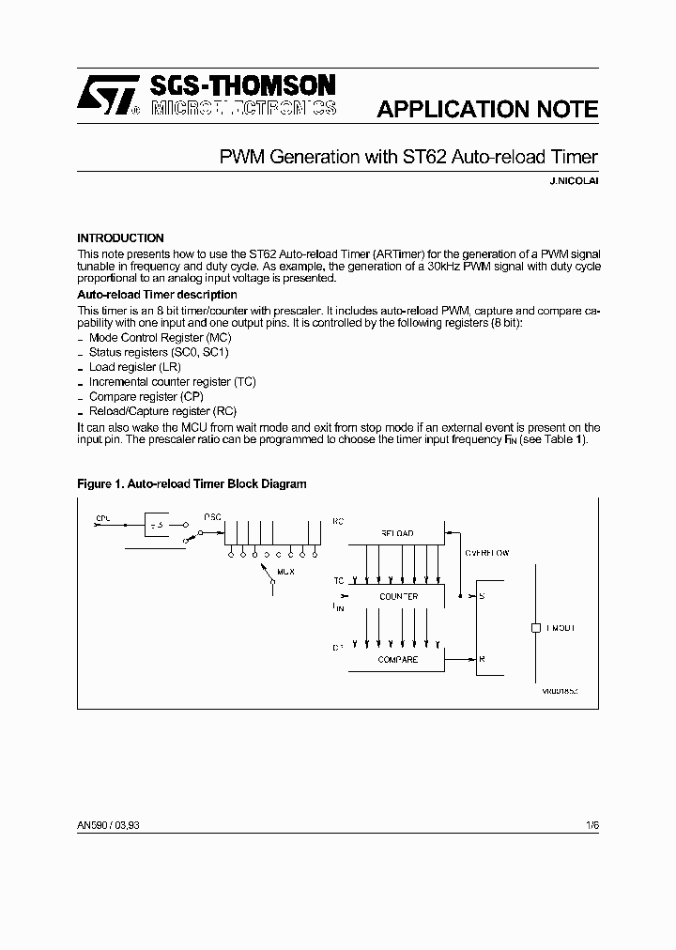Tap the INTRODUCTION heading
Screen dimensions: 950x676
(120, 238)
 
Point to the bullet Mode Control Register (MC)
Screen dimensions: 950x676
(160, 337)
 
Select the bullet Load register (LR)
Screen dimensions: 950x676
(134, 367)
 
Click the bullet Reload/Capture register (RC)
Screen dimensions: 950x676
(161, 411)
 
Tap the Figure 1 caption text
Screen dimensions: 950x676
(192, 484)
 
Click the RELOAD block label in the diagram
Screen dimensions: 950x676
(396, 533)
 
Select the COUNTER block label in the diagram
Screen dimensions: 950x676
(398, 597)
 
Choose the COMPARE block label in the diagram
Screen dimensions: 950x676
(398, 660)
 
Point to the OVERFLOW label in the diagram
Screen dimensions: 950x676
(487, 554)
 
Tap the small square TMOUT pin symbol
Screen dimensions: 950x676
(534, 628)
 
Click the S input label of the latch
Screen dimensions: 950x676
(483, 597)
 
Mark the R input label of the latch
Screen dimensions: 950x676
(483, 660)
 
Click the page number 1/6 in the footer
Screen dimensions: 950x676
(591, 824)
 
